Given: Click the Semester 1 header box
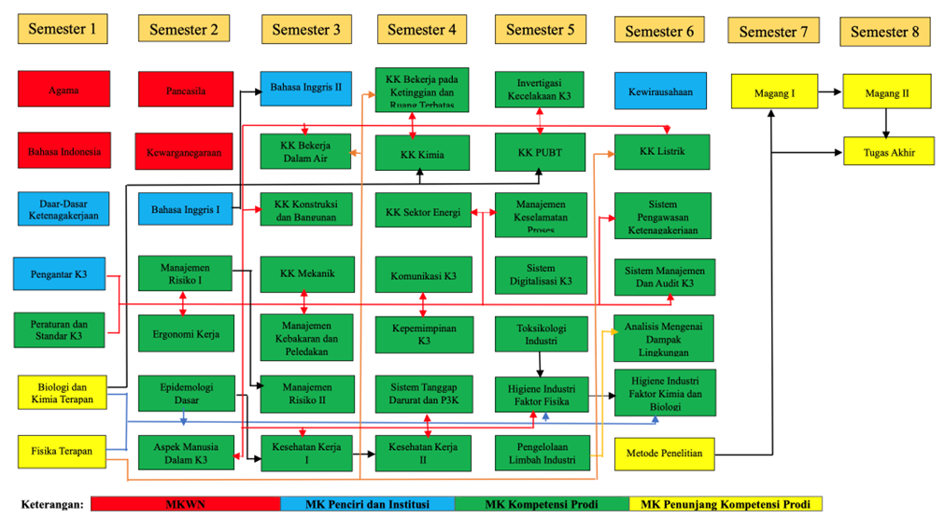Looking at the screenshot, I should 63,29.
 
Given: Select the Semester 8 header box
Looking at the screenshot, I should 885,32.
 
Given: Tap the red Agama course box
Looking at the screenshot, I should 63,90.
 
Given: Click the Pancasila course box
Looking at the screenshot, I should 185,91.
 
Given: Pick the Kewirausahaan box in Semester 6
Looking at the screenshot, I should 660,91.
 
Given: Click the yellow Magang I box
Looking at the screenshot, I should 774,92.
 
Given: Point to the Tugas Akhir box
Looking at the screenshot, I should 888,151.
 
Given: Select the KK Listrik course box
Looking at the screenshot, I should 662,151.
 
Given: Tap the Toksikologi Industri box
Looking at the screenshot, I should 541,334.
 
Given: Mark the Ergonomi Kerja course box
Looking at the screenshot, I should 186,333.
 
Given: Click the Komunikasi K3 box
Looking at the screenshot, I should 423,275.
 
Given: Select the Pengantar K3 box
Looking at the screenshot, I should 61,273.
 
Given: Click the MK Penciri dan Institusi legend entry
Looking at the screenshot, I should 367,504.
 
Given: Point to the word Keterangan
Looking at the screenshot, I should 52,505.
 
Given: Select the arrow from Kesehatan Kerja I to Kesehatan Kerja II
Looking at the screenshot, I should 365,454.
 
